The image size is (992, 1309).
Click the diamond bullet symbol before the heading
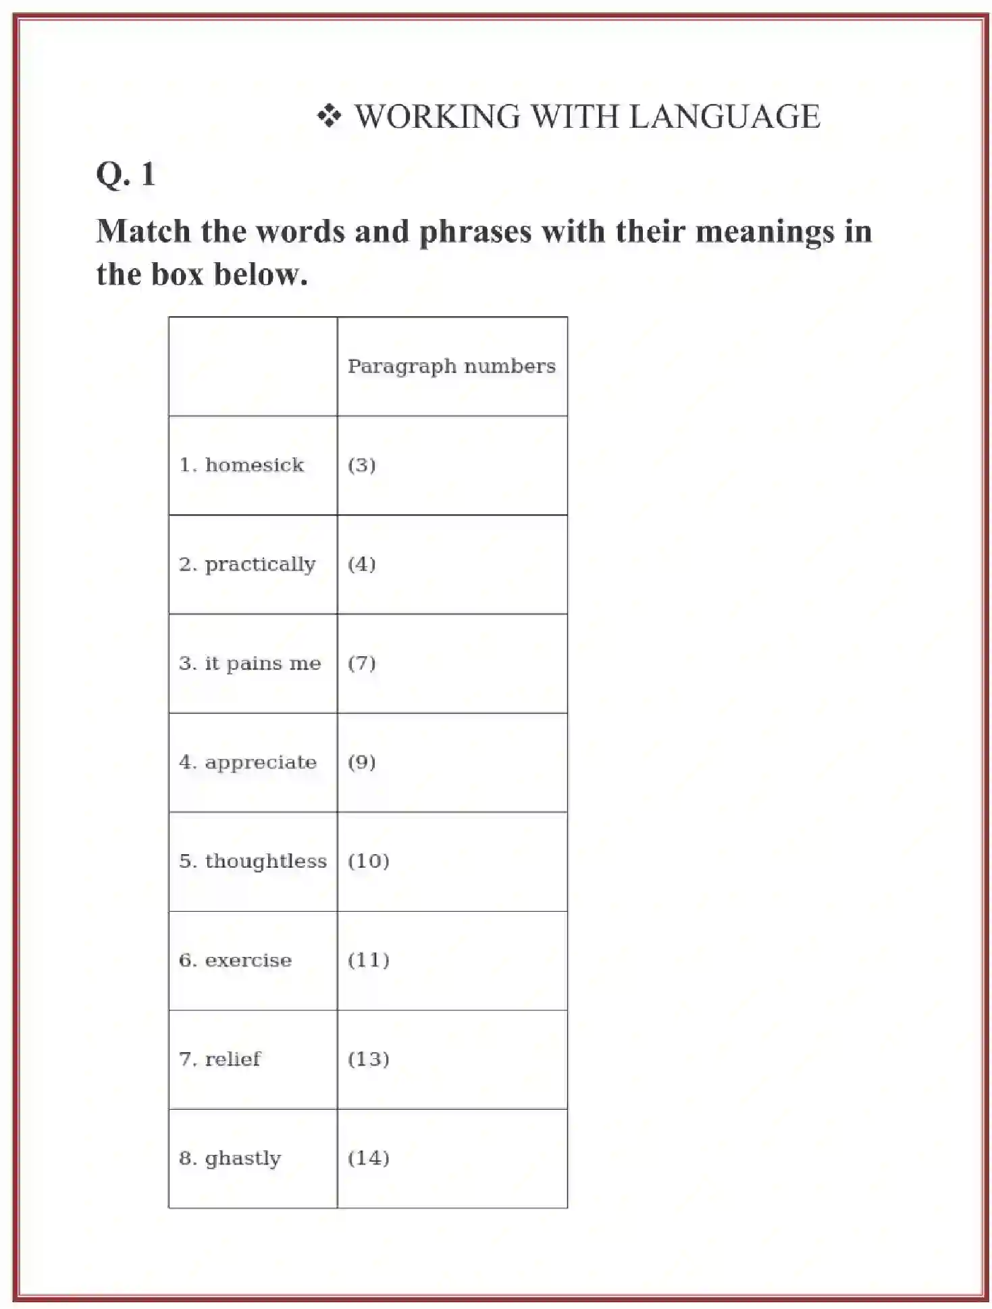(329, 116)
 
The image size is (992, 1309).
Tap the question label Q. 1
(126, 174)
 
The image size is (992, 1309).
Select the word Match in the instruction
(143, 231)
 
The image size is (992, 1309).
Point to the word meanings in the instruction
(764, 231)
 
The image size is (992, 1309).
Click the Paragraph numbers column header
(451, 366)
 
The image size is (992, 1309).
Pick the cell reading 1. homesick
(242, 465)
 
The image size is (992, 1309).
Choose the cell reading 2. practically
(247, 564)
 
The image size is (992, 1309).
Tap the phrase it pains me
(263, 664)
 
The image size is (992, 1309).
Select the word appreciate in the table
(261, 762)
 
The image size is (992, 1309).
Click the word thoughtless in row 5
(265, 861)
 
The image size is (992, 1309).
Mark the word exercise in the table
(248, 960)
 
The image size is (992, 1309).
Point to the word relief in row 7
(232, 1059)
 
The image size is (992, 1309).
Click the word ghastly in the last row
(242, 1158)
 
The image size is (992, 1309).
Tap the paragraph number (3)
(362, 465)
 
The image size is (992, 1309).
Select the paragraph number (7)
(362, 664)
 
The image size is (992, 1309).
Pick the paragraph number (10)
(369, 861)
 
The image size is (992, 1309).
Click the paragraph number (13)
(369, 1059)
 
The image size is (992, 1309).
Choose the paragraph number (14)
(369, 1158)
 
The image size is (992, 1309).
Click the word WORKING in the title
(438, 116)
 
